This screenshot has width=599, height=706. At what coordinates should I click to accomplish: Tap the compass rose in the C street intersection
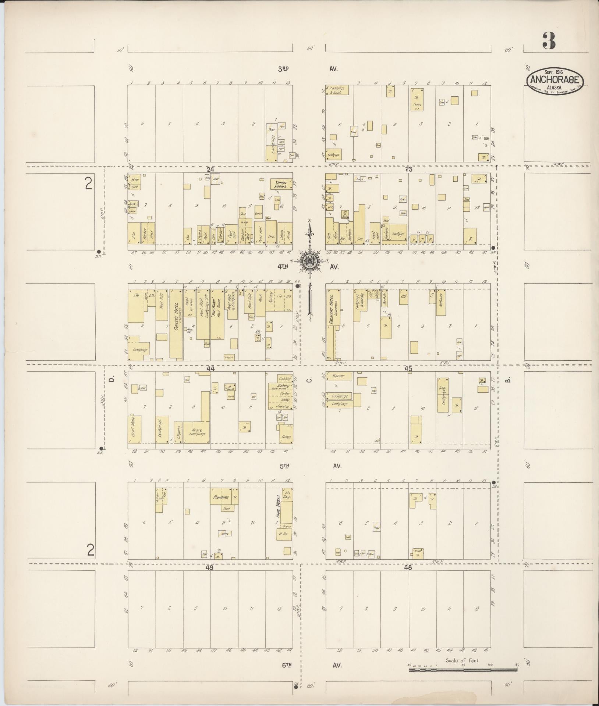(x=310, y=261)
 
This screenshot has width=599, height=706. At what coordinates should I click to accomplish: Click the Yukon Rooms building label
(x=281, y=184)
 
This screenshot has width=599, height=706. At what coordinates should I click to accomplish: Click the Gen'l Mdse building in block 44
(x=135, y=429)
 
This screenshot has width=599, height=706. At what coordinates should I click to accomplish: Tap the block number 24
(x=210, y=170)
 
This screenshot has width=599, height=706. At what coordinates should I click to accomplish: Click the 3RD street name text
(x=283, y=68)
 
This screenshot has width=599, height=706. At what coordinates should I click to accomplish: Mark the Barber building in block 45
(x=339, y=376)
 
